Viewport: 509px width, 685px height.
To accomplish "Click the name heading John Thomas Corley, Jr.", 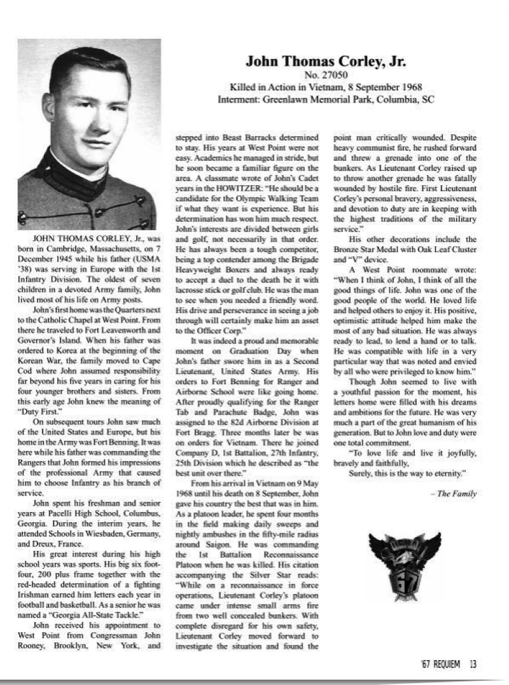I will click(326, 62).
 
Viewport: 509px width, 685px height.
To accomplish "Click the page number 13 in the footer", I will click(473, 665).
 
